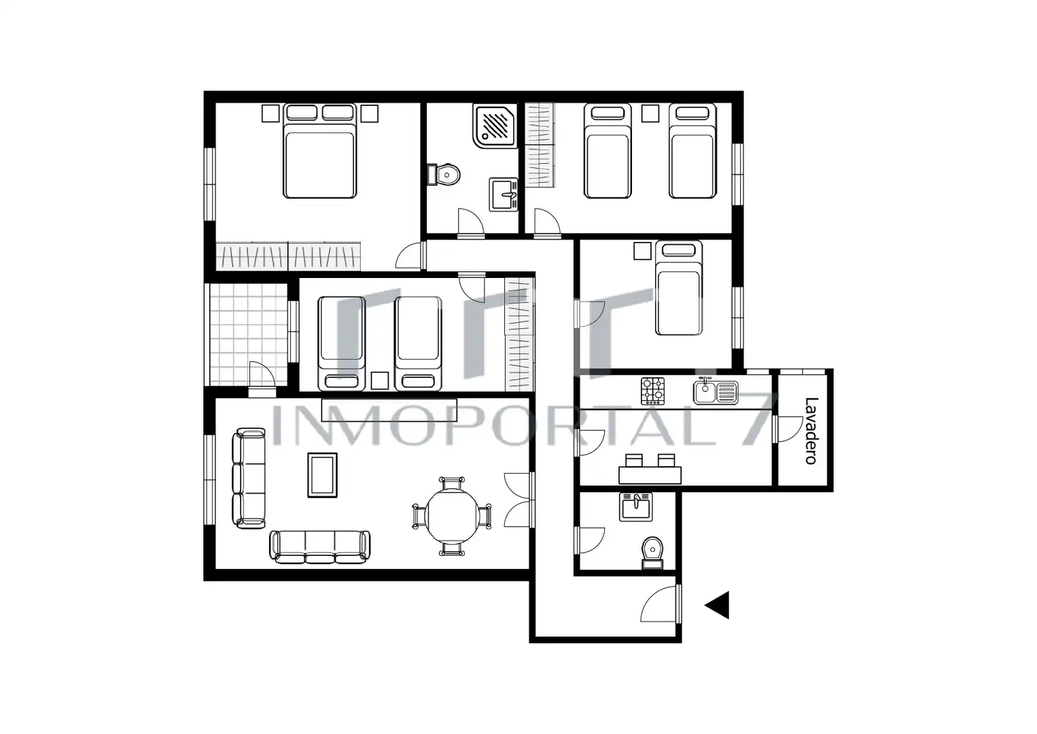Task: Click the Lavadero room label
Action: tap(811, 431)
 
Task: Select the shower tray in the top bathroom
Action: tap(495, 126)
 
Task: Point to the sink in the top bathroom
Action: tap(504, 194)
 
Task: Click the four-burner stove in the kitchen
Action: tap(653, 391)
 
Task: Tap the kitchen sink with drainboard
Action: tap(716, 391)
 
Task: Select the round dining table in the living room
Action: tap(453, 516)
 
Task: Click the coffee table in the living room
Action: tap(323, 475)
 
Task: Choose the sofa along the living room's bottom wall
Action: tap(320, 547)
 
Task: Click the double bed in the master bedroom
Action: tap(320, 151)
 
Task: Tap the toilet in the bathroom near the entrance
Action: tap(653, 553)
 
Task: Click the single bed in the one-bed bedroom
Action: tap(679, 287)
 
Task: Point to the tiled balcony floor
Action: tap(249, 334)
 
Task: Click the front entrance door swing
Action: tap(658, 604)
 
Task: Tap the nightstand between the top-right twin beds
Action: tap(650, 113)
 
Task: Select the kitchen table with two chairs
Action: tap(650, 469)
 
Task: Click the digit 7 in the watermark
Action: tap(759, 421)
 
